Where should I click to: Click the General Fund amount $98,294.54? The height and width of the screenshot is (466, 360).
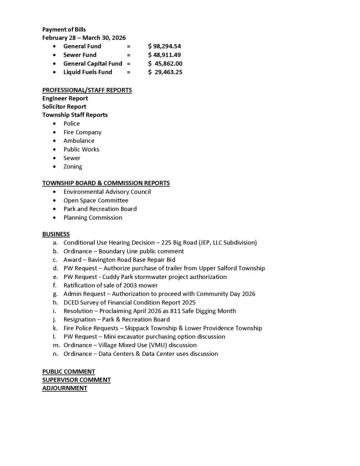165,46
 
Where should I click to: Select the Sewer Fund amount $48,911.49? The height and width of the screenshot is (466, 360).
165,55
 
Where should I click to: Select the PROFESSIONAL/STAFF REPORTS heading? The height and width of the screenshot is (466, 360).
87,90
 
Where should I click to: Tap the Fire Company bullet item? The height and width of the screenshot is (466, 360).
82,132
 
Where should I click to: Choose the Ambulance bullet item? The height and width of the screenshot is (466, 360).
79,141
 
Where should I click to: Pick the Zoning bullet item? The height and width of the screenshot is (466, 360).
73,167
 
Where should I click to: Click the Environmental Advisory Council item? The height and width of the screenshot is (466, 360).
107,192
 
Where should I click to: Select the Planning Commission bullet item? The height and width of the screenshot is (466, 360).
93,218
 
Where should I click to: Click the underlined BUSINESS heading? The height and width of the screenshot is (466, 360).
56,234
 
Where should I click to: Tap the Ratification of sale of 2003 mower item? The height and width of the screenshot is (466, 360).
111,285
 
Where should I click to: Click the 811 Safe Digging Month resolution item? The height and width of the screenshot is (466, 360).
150,311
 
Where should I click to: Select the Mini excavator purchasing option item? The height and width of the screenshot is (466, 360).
144,337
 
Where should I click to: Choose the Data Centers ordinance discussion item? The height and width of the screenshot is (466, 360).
141,354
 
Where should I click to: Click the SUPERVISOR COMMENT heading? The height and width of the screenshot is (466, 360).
76,380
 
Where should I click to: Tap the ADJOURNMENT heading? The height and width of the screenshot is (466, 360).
65,388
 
